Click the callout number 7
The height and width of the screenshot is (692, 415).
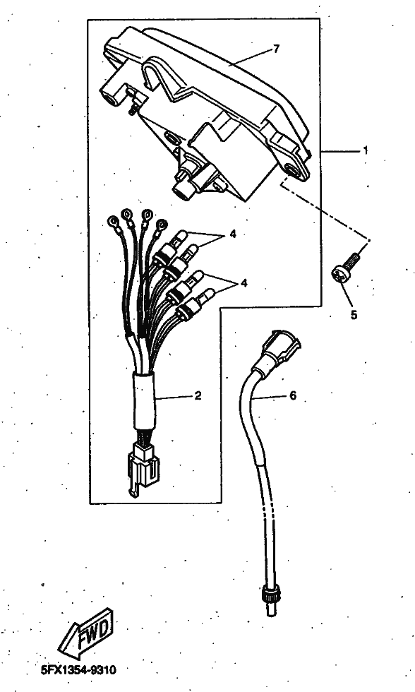tap(277, 49)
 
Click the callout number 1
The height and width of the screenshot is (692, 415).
tap(365, 150)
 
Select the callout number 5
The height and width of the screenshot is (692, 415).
tap(354, 315)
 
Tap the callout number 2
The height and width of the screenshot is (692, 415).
tap(198, 395)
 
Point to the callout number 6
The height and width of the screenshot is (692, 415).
tap(293, 395)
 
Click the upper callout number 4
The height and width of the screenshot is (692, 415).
tap(232, 234)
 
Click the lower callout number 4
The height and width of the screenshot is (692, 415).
tap(244, 282)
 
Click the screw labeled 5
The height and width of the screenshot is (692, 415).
tap(346, 268)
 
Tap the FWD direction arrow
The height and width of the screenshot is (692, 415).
tap(85, 633)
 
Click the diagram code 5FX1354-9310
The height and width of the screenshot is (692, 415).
tap(78, 670)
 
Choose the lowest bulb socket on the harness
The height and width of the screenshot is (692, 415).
tap(194, 304)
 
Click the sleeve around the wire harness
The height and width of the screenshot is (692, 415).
tap(145, 401)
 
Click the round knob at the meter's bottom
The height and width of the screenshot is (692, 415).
tap(183, 191)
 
